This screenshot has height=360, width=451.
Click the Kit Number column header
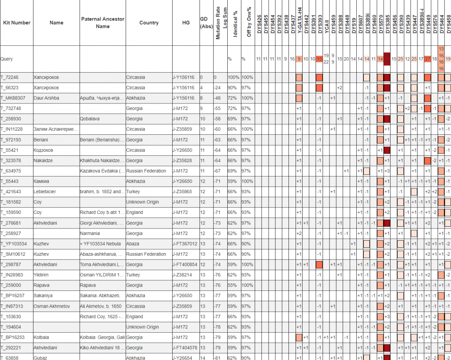[17, 23]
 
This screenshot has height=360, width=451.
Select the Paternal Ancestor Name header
[103, 23]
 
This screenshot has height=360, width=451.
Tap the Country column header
[149, 23]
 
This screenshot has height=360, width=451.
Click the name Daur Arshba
[46, 98]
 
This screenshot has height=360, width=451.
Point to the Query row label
[7, 59]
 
